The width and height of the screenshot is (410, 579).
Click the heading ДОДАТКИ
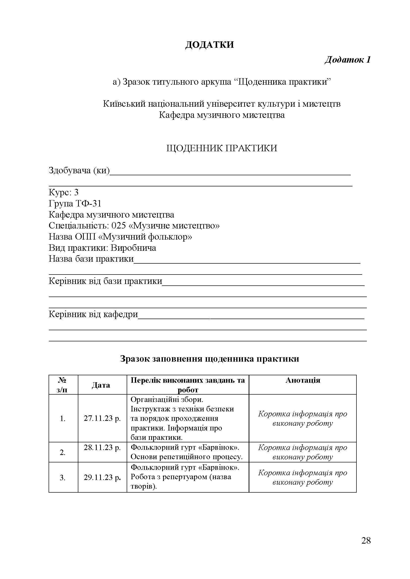coord(209,45)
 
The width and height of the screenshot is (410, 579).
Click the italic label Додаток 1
coord(347,60)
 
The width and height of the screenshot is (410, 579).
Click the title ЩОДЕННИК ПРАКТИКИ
coord(222,148)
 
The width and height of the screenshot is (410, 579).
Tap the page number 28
coord(366,541)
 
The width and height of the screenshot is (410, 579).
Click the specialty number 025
coord(118,226)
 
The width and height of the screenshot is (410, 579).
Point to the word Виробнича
coord(133,248)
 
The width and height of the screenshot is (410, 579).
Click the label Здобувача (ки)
coord(79,171)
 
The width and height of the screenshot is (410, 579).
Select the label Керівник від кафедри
coord(93,314)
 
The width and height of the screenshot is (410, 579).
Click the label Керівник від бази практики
coord(105,281)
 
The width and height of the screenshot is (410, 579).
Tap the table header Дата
coord(101,385)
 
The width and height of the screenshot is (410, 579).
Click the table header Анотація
coord(303,380)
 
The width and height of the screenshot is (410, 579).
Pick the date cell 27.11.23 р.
coord(102,419)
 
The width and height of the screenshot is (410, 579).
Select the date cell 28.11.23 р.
coord(102,448)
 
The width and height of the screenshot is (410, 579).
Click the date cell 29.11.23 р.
coord(102,477)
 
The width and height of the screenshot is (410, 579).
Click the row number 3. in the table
coord(63,478)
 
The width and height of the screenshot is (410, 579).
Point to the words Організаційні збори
coord(167,400)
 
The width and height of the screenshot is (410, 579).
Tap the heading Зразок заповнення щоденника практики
coord(209,359)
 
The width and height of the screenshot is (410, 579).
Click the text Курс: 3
coord(64,192)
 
